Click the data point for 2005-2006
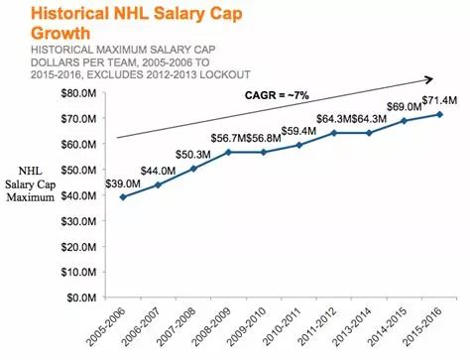(x=123, y=197)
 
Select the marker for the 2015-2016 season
(x=439, y=114)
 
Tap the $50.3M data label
(x=193, y=155)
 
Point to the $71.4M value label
(x=439, y=100)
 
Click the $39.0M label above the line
(x=123, y=183)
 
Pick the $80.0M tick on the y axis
(x=78, y=93)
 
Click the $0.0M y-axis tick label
(x=81, y=298)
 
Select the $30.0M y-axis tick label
(x=78, y=221)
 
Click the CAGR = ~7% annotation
(x=277, y=95)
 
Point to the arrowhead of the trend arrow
(x=429, y=79)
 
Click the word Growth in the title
(x=60, y=33)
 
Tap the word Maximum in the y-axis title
(x=31, y=197)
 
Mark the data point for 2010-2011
(x=299, y=145)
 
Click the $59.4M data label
(x=298, y=131)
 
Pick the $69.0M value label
(x=405, y=107)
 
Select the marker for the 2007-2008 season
(x=193, y=169)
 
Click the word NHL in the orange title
(x=130, y=14)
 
